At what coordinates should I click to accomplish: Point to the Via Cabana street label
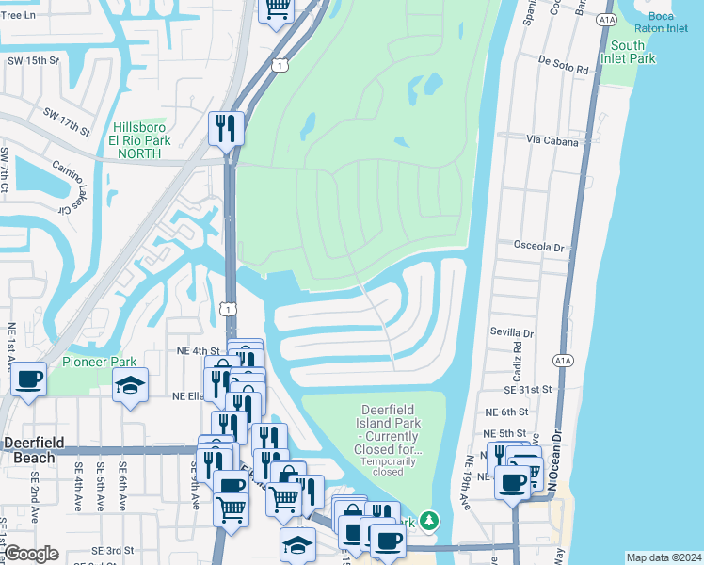coord(550,137)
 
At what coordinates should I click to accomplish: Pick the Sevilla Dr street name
coord(511,332)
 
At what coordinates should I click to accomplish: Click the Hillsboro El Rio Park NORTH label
coord(141,140)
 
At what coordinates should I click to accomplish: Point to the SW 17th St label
coord(66,121)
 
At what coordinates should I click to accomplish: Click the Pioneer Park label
coord(99,362)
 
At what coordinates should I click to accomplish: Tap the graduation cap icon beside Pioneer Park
coord(130,384)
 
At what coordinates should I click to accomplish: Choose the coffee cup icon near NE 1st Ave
coord(28,379)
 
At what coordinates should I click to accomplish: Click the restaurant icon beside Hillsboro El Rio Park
coord(226,128)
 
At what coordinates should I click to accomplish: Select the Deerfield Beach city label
coord(40,448)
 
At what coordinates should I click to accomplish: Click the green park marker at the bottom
coord(429,520)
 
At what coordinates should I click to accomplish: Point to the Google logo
coord(31,554)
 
